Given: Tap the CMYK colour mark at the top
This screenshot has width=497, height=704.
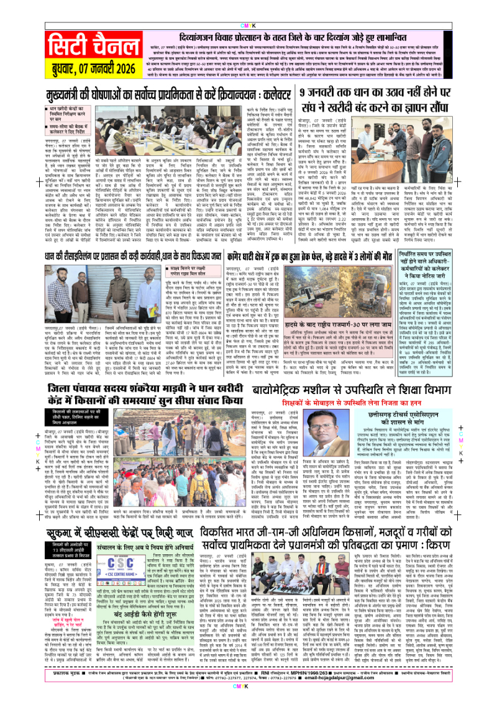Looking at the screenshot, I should tap(248, 9).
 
